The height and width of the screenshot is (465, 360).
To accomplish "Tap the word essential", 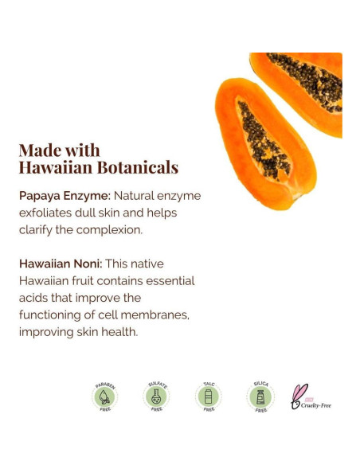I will click(168, 281).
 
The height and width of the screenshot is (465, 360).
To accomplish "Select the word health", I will click(119, 332).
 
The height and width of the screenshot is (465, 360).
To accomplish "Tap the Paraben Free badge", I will click(104, 396).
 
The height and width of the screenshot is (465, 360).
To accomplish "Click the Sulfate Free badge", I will click(156, 396).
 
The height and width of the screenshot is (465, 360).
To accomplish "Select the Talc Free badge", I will click(209, 396).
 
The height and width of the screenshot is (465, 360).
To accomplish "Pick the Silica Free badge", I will click(260, 396).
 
